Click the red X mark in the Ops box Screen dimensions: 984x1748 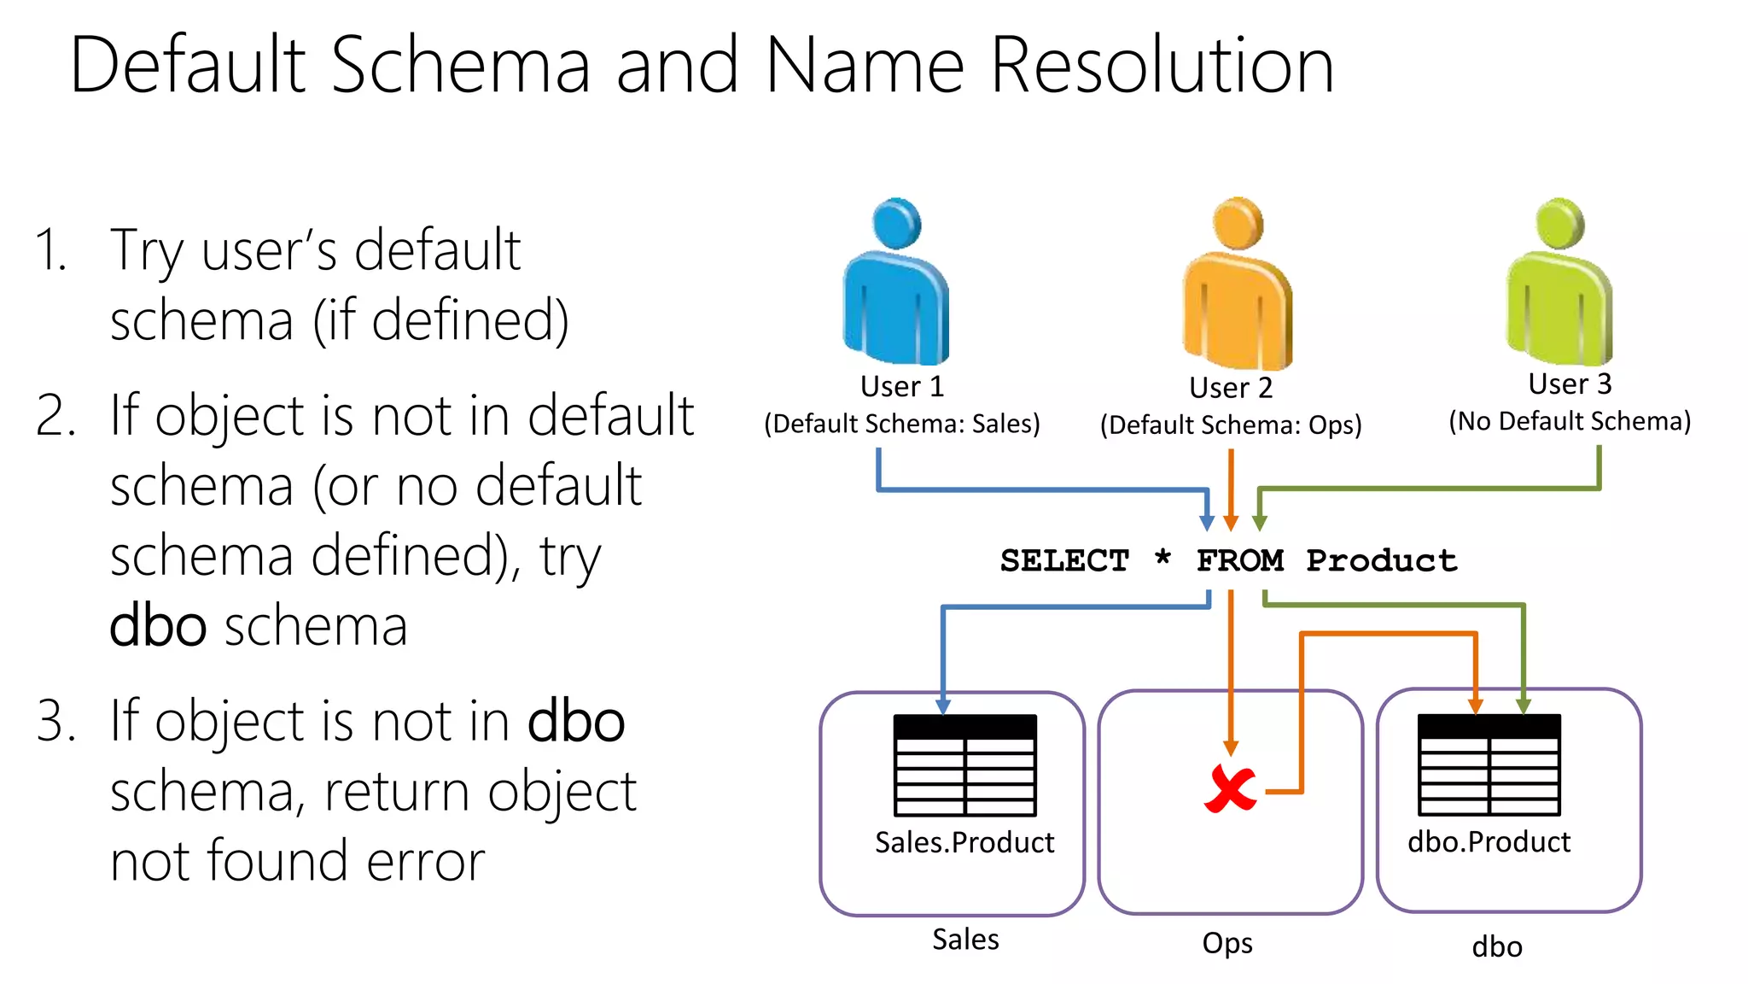(1230, 789)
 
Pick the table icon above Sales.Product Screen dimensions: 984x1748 (964, 765)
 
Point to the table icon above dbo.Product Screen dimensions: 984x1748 (1489, 765)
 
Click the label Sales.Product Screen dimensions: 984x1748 (964, 843)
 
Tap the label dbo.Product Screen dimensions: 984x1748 (1489, 843)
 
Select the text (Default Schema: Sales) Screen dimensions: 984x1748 (902, 425)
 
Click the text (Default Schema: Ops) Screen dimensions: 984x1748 (1230, 425)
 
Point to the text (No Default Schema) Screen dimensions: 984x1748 (1569, 422)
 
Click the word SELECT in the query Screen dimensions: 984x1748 (1064, 561)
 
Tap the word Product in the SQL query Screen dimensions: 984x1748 (1381, 561)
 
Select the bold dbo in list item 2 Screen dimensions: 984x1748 (158, 626)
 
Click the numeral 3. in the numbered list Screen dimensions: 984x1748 (56, 722)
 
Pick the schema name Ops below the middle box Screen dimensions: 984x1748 (1227, 944)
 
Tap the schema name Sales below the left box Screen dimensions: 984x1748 (965, 940)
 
